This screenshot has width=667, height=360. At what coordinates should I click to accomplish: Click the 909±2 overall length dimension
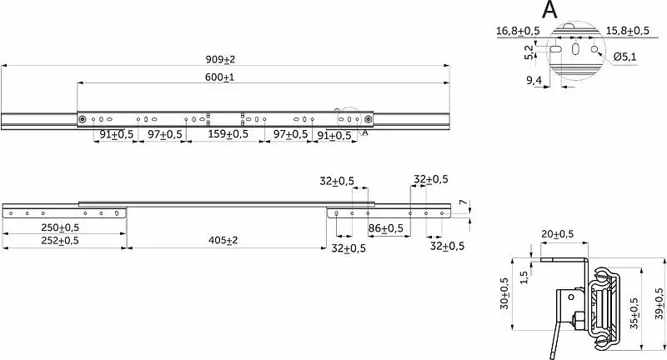pyautogui.click(x=220, y=59)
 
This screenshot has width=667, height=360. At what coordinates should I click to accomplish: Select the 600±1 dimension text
pyautogui.click(x=219, y=77)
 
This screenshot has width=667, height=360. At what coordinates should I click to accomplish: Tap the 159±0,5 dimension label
pyautogui.click(x=228, y=134)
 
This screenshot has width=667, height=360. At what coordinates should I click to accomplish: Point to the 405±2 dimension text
pyautogui.click(x=223, y=241)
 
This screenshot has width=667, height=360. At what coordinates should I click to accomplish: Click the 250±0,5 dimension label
pyautogui.click(x=60, y=227)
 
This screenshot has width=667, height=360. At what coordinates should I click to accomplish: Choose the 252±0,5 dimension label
pyautogui.click(x=60, y=241)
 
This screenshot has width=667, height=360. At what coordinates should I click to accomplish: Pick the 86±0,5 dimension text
pyautogui.click(x=386, y=228)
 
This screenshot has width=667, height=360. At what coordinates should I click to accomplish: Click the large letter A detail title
pyautogui.click(x=549, y=10)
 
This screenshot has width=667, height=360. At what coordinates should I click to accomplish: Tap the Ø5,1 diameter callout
pyautogui.click(x=624, y=57)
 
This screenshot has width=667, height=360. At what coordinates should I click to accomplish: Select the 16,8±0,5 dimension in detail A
pyautogui.click(x=518, y=31)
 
